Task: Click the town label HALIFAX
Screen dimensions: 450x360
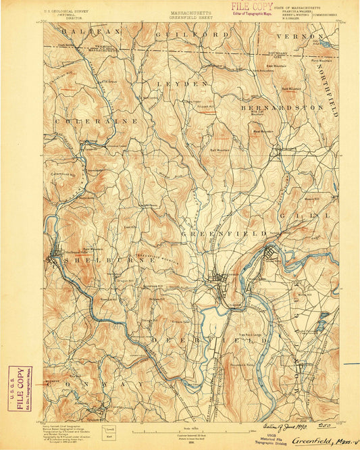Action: [x=80, y=32]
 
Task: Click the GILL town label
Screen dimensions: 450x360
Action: [x=313, y=214]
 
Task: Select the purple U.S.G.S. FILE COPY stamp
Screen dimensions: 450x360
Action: [x=20, y=383]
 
